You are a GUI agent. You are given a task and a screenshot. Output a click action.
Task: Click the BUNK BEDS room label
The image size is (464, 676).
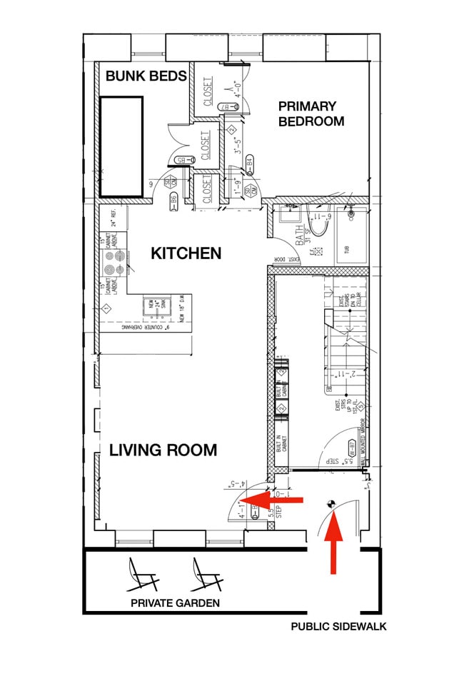[146, 76]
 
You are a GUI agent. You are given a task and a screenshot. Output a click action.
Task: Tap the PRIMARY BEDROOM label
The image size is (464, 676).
[311, 113]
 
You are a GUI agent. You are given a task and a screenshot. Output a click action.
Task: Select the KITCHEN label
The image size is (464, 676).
[186, 253]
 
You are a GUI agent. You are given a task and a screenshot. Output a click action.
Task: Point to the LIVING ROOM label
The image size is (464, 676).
[163, 450]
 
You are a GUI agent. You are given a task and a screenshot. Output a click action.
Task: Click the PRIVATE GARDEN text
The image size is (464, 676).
[175, 603]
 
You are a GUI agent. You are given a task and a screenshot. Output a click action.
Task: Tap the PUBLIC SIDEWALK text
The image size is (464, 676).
[338, 627]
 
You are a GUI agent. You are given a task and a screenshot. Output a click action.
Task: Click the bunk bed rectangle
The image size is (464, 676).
[121, 146]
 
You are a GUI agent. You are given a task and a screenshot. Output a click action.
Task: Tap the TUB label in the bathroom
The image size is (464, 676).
[348, 250]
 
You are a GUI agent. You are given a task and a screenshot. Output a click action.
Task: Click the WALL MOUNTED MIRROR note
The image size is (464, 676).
[364, 443]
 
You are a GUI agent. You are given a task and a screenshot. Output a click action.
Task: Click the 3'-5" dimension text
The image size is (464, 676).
[239, 141]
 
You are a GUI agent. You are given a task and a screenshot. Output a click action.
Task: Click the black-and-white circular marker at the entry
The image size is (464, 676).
[330, 504]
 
